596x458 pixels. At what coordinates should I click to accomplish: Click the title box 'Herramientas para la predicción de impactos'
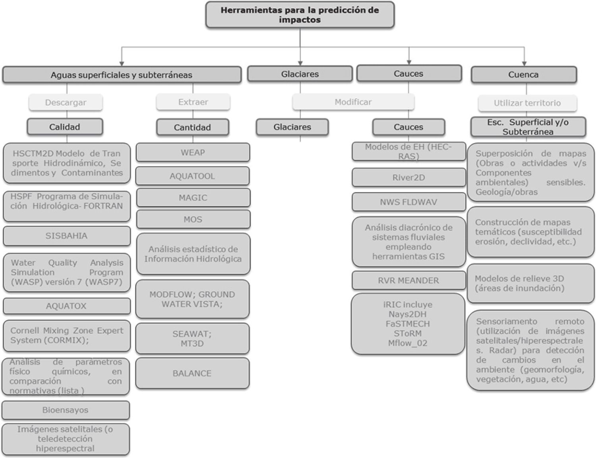[300, 15]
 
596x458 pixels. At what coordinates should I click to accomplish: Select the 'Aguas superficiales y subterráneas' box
[122, 75]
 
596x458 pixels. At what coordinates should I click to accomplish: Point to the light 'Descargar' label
[66, 102]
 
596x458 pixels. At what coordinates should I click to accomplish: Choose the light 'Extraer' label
[193, 102]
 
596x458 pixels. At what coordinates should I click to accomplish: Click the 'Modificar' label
[353, 102]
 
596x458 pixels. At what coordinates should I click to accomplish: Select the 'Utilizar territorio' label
[527, 103]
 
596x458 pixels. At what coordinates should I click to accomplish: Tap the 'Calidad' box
[65, 127]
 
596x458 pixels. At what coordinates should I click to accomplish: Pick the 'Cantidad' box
[192, 128]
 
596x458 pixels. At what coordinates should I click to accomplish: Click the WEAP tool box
[193, 153]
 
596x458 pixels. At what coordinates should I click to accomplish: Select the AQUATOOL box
[192, 176]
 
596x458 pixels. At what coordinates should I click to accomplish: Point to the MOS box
[193, 219]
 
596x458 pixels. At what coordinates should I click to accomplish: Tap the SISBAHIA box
[66, 236]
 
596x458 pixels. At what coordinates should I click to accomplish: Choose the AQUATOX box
[66, 306]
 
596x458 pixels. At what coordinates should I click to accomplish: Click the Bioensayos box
[66, 410]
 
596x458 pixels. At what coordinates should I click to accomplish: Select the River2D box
[408, 178]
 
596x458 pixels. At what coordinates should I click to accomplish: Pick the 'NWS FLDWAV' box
[408, 202]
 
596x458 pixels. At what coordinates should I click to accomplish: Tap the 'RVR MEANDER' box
[408, 280]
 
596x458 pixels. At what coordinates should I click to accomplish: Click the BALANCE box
[192, 373]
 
